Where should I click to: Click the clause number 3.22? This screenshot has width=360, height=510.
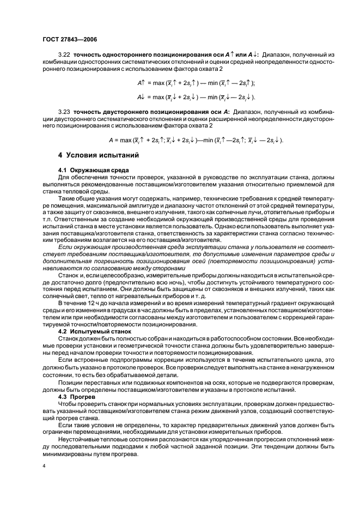[64, 54]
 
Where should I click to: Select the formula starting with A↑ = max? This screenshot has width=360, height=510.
[196, 82]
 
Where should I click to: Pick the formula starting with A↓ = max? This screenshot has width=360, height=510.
[196, 96]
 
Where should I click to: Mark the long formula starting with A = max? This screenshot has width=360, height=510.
[196, 139]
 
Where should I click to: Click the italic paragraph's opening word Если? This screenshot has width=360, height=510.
[65, 247]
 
